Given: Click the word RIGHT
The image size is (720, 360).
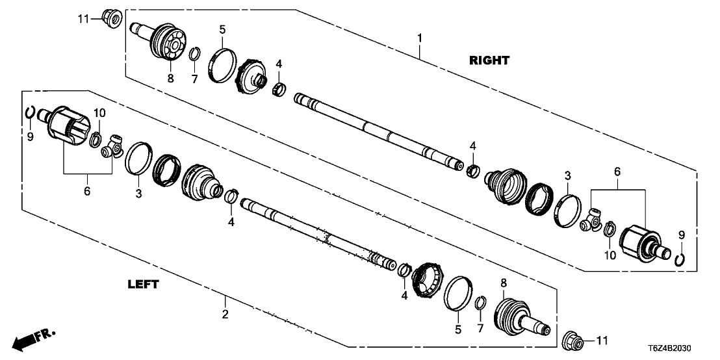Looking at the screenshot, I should [489, 60].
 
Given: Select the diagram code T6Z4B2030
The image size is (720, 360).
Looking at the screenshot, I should [682, 348].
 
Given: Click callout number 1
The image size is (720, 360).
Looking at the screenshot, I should [420, 38].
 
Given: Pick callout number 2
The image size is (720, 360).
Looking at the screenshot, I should [225, 316].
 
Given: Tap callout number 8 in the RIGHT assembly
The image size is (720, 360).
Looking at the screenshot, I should [170, 79].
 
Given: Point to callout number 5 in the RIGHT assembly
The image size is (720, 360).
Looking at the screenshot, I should [222, 30].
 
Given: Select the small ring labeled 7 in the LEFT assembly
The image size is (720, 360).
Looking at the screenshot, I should [480, 303].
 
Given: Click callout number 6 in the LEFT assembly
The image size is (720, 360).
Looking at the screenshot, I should [87, 191].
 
